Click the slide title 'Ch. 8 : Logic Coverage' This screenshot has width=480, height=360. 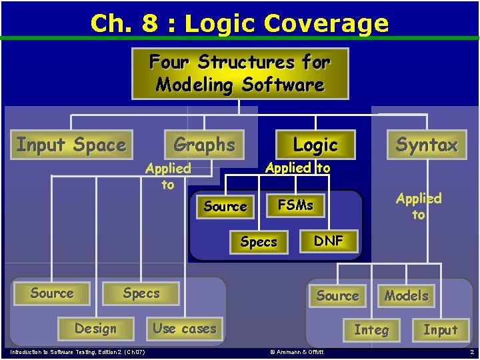[x=239, y=23]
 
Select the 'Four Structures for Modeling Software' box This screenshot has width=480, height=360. [x=239, y=73]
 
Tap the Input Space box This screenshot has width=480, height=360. [x=71, y=145]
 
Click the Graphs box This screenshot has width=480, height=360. [x=204, y=144]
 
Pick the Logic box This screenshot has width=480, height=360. [x=315, y=145]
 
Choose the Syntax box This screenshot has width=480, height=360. [x=427, y=145]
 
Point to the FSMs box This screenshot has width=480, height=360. [x=295, y=205]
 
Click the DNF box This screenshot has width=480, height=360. [x=328, y=241]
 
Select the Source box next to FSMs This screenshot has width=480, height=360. [x=225, y=207]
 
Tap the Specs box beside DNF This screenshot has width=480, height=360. [x=259, y=242]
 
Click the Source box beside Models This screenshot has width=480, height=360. [x=337, y=295]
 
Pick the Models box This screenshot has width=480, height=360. [x=406, y=295]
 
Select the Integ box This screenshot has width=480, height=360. [x=371, y=329]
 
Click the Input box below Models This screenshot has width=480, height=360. [x=441, y=329]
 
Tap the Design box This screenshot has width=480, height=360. [x=95, y=329]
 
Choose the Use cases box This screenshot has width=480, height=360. [x=184, y=328]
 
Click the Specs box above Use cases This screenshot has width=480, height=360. [x=141, y=293]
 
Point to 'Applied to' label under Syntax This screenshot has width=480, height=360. [x=418, y=206]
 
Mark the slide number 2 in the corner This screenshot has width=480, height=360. [x=471, y=351]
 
